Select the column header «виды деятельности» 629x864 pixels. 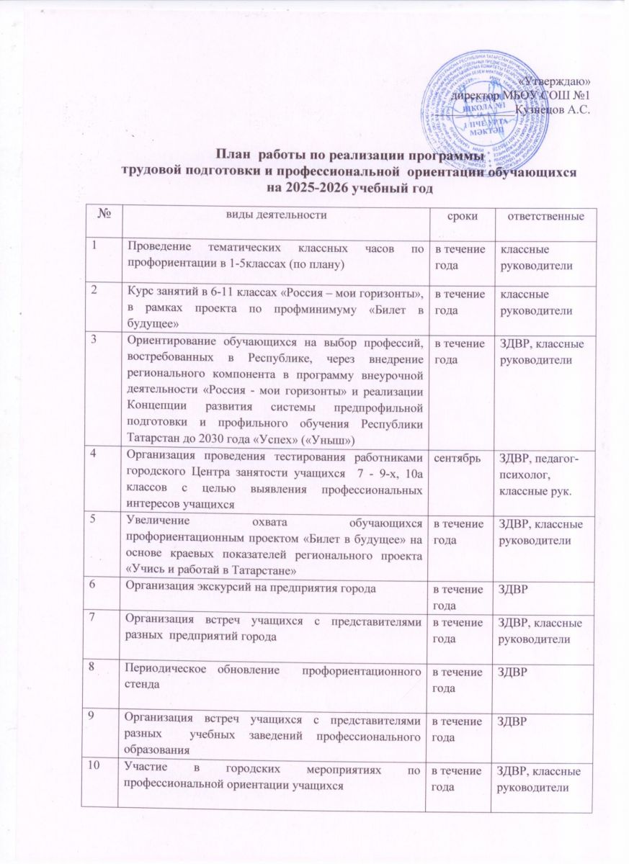(274, 215)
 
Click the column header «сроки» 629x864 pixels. (455, 216)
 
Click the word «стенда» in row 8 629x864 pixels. (142, 687)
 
